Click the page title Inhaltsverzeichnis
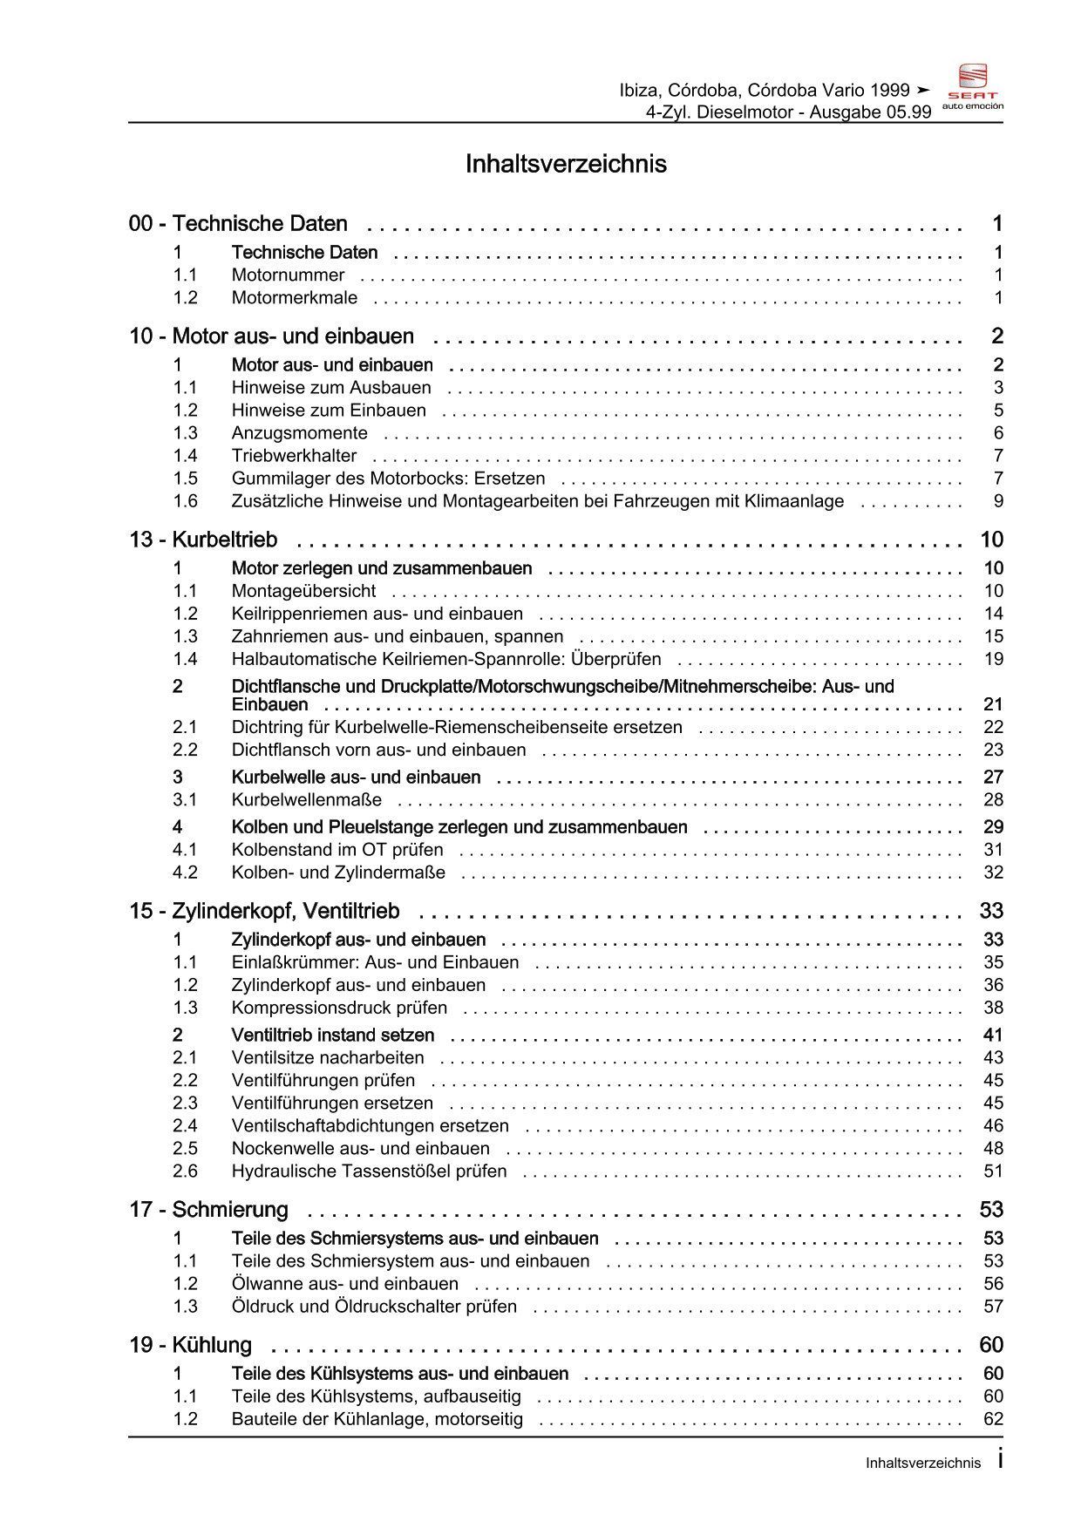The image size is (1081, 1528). coord(566,164)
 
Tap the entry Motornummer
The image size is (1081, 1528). coord(288,275)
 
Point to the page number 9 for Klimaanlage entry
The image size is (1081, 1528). coord(998,501)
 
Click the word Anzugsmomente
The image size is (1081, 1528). coord(299,433)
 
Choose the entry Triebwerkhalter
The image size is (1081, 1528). coord(294,456)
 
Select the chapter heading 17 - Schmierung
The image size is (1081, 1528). coord(208,1210)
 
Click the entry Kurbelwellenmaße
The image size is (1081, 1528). coord(306,800)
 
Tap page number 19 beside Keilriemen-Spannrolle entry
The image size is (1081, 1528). coord(994,659)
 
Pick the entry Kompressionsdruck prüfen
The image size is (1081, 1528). coord(339,1008)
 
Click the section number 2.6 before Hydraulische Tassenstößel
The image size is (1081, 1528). coord(185,1171)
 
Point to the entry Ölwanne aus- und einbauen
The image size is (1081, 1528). coord(344,1284)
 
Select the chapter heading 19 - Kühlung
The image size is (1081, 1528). coord(190,1345)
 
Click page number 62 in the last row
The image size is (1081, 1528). coord(994,1419)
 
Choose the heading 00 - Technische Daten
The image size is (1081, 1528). coord(238,224)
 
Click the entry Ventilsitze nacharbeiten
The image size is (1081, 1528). coord(328,1058)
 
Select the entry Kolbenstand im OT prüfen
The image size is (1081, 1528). coord(337,850)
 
